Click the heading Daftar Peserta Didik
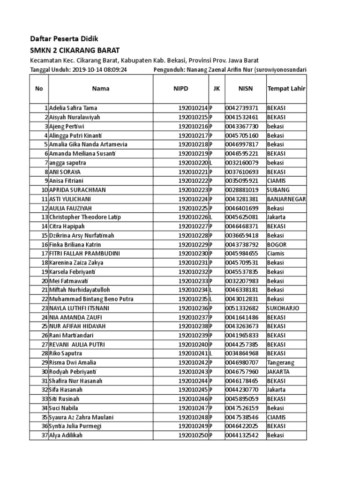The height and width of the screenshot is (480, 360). (64, 38)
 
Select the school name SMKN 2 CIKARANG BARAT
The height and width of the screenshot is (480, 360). (75, 50)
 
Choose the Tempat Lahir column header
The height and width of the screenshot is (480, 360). (286, 88)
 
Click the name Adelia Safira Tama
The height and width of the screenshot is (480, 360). (74, 108)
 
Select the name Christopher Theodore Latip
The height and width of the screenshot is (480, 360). (85, 217)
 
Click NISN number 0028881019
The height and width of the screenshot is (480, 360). (242, 190)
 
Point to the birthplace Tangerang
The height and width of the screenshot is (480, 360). (281, 363)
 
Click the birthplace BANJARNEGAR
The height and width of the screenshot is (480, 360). (286, 199)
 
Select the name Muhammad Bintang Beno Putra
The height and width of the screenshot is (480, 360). (91, 299)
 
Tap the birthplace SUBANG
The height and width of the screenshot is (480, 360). (278, 190)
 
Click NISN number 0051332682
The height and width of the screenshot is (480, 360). (242, 308)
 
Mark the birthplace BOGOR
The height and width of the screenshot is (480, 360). (277, 244)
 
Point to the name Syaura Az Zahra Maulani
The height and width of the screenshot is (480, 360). (84, 417)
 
